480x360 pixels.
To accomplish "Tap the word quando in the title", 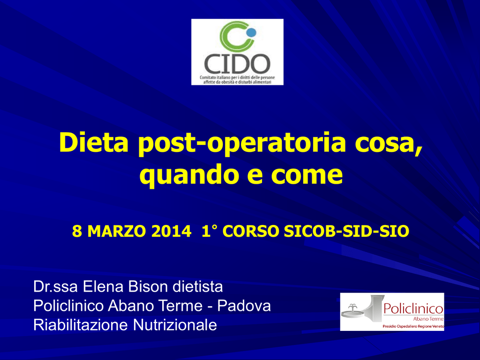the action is coord(189,176).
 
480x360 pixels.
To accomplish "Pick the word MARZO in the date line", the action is coord(117,231).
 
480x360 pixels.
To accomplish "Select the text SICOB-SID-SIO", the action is coord(346,231).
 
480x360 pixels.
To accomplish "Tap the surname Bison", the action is coord(148,287).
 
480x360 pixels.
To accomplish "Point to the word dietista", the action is coord(198,287).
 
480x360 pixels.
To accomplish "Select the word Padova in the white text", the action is coord(244,306).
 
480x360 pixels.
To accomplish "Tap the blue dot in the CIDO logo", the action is coord(251,32).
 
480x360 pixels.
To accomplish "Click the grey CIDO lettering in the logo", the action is coord(237,64).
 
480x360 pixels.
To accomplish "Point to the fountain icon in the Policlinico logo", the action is coord(353,310).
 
